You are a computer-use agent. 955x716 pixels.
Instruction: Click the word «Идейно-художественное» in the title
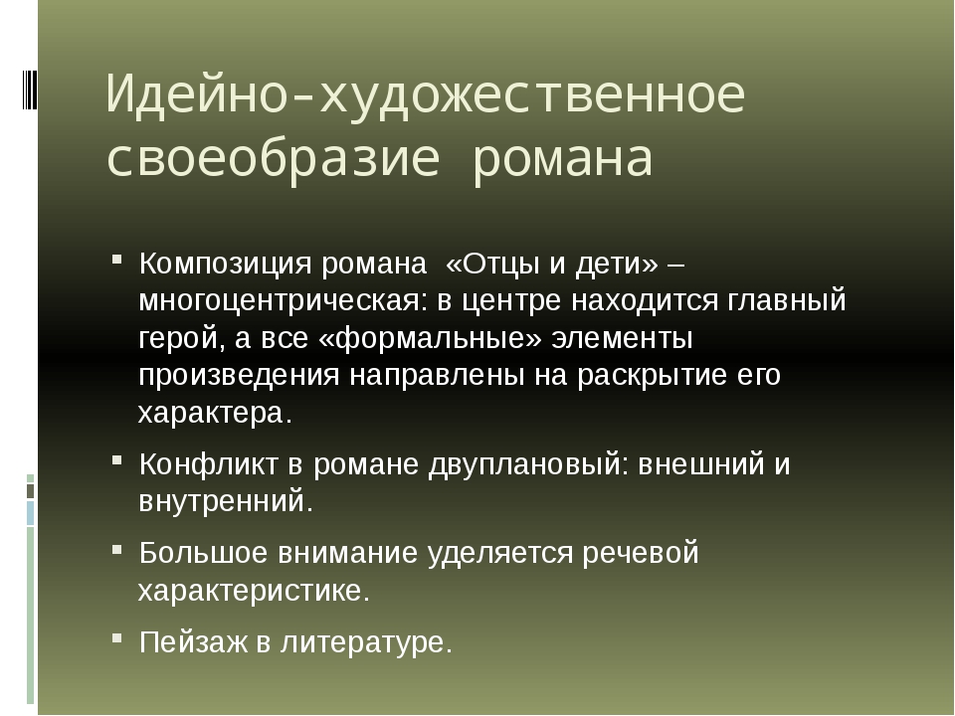(x=426, y=93)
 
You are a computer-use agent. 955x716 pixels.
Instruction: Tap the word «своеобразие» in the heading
(x=273, y=158)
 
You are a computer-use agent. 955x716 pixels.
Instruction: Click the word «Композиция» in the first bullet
(x=226, y=265)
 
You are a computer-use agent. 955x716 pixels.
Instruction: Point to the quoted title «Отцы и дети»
(x=552, y=264)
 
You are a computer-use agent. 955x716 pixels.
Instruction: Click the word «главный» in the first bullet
(x=786, y=300)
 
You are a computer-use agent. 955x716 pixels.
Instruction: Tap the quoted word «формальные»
(x=430, y=338)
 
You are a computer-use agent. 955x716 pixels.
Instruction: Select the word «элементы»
(x=622, y=338)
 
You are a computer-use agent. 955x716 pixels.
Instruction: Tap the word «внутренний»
(x=226, y=501)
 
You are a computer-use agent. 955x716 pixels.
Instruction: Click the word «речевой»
(x=640, y=553)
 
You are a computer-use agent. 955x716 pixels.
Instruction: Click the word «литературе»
(x=366, y=642)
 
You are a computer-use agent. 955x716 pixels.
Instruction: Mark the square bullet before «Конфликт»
(x=117, y=459)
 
